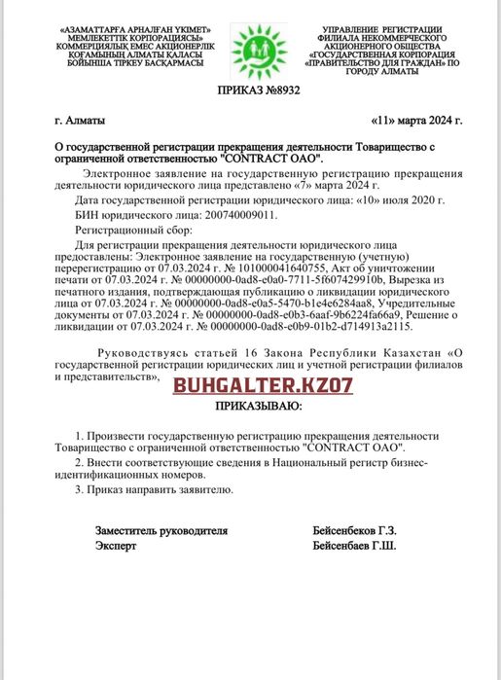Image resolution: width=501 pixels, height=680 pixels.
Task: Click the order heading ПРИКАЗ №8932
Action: coord(249,89)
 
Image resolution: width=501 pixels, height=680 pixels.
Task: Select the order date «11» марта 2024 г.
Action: coord(416,121)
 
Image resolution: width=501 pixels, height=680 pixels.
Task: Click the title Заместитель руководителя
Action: coord(161,531)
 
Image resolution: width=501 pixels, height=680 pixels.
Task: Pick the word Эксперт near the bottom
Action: coord(116,547)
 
